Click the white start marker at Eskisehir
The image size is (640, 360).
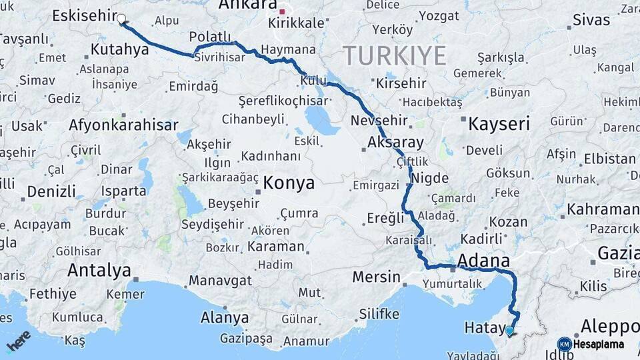pyautogui.click(x=122, y=19)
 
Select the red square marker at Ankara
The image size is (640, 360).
pyautogui.click(x=282, y=11)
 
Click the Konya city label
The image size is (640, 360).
pyautogui.click(x=289, y=183)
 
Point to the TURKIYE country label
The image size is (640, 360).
pyautogui.click(x=394, y=55)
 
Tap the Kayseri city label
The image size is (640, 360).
pyautogui.click(x=499, y=123)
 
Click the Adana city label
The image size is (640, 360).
pyautogui.click(x=484, y=260)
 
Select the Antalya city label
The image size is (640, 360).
pyautogui.click(x=99, y=271)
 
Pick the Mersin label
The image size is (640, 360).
pyautogui.click(x=376, y=277)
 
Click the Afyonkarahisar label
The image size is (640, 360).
pyautogui.click(x=123, y=125)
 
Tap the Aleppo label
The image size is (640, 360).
pyautogui.click(x=610, y=327)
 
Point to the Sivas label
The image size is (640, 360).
pyautogui.click(x=591, y=19)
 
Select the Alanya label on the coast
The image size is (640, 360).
pyautogui.click(x=225, y=317)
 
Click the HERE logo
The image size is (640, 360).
pyautogui.click(x=18, y=341)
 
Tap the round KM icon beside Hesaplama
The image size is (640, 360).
pyautogui.click(x=564, y=344)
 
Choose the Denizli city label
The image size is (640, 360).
pyautogui.click(x=51, y=192)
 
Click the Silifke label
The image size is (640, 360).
pyautogui.click(x=379, y=313)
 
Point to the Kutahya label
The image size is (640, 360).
pyautogui.click(x=119, y=49)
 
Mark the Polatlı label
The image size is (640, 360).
pyautogui.click(x=210, y=36)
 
